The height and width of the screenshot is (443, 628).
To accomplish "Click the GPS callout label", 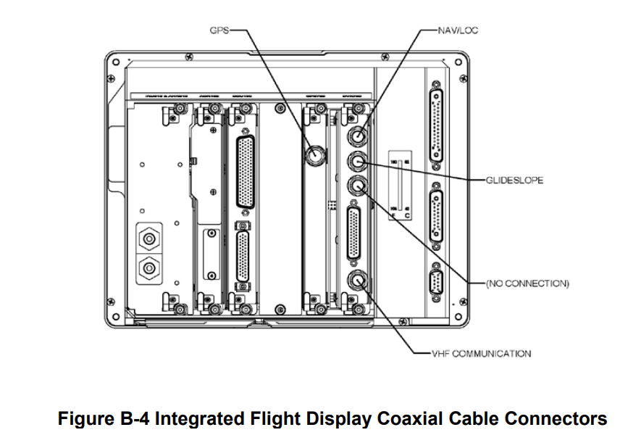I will [x=218, y=32].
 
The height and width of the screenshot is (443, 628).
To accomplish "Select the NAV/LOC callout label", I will [x=458, y=31].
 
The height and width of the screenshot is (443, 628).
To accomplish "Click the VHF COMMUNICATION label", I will [x=481, y=354].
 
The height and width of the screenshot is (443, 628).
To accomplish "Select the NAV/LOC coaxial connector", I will [x=359, y=135].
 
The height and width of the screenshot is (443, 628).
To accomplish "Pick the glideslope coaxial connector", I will [x=359, y=161].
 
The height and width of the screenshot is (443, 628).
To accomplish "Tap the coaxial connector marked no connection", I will [x=359, y=186].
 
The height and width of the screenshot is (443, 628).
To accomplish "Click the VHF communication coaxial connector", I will [x=359, y=281].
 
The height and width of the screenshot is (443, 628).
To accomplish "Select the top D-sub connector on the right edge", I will [x=436, y=126].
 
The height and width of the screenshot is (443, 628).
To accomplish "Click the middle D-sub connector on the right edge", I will [x=436, y=216].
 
